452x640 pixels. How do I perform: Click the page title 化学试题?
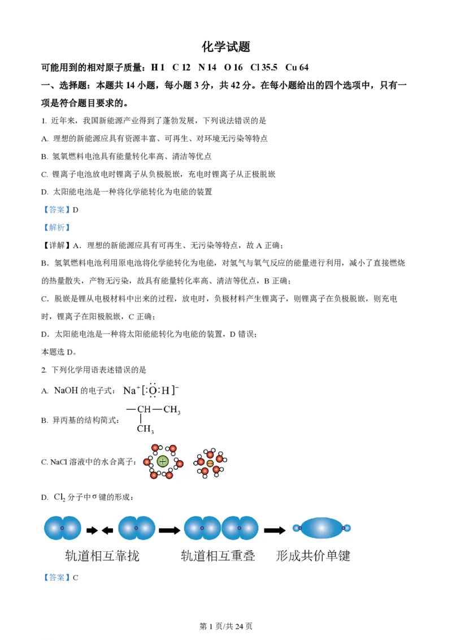pyautogui.click(x=225, y=47)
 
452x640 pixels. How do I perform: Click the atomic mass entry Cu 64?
pyautogui.click(x=297, y=67)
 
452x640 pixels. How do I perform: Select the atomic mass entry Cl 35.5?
pyautogui.click(x=263, y=67)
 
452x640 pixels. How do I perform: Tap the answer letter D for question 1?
pyautogui.click(x=76, y=210)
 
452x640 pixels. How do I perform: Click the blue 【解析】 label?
pyautogui.click(x=56, y=227)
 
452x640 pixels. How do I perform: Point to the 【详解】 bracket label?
pyautogui.click(x=56, y=245)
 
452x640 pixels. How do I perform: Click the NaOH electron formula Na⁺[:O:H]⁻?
pyautogui.click(x=151, y=390)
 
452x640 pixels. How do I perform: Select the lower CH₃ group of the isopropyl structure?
pyautogui.click(x=145, y=429)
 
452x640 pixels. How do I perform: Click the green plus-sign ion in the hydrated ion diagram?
pyautogui.click(x=163, y=462)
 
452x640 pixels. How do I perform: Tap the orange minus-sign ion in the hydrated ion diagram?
pyautogui.click(x=210, y=463)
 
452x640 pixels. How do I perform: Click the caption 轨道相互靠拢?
pyautogui.click(x=102, y=556)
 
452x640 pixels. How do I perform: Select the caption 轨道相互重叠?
pyautogui.click(x=218, y=556)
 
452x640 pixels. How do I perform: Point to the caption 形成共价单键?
pyautogui.click(x=313, y=556)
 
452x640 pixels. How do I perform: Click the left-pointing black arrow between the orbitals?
pyautogui.click(x=107, y=530)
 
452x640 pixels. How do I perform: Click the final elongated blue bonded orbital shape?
pyautogui.click(x=321, y=528)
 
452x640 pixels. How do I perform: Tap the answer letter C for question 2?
pyautogui.click(x=76, y=578)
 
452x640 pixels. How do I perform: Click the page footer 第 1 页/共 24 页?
pyautogui.click(x=226, y=626)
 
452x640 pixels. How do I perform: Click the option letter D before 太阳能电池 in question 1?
pyautogui.click(x=45, y=192)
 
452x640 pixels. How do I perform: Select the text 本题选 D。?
pyautogui.click(x=59, y=352)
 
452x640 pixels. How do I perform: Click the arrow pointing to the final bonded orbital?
pyautogui.click(x=275, y=530)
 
